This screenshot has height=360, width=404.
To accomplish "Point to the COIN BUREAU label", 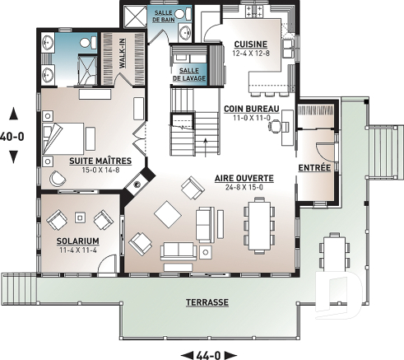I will tap(251, 108).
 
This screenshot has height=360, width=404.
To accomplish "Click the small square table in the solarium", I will tap(81, 218).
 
